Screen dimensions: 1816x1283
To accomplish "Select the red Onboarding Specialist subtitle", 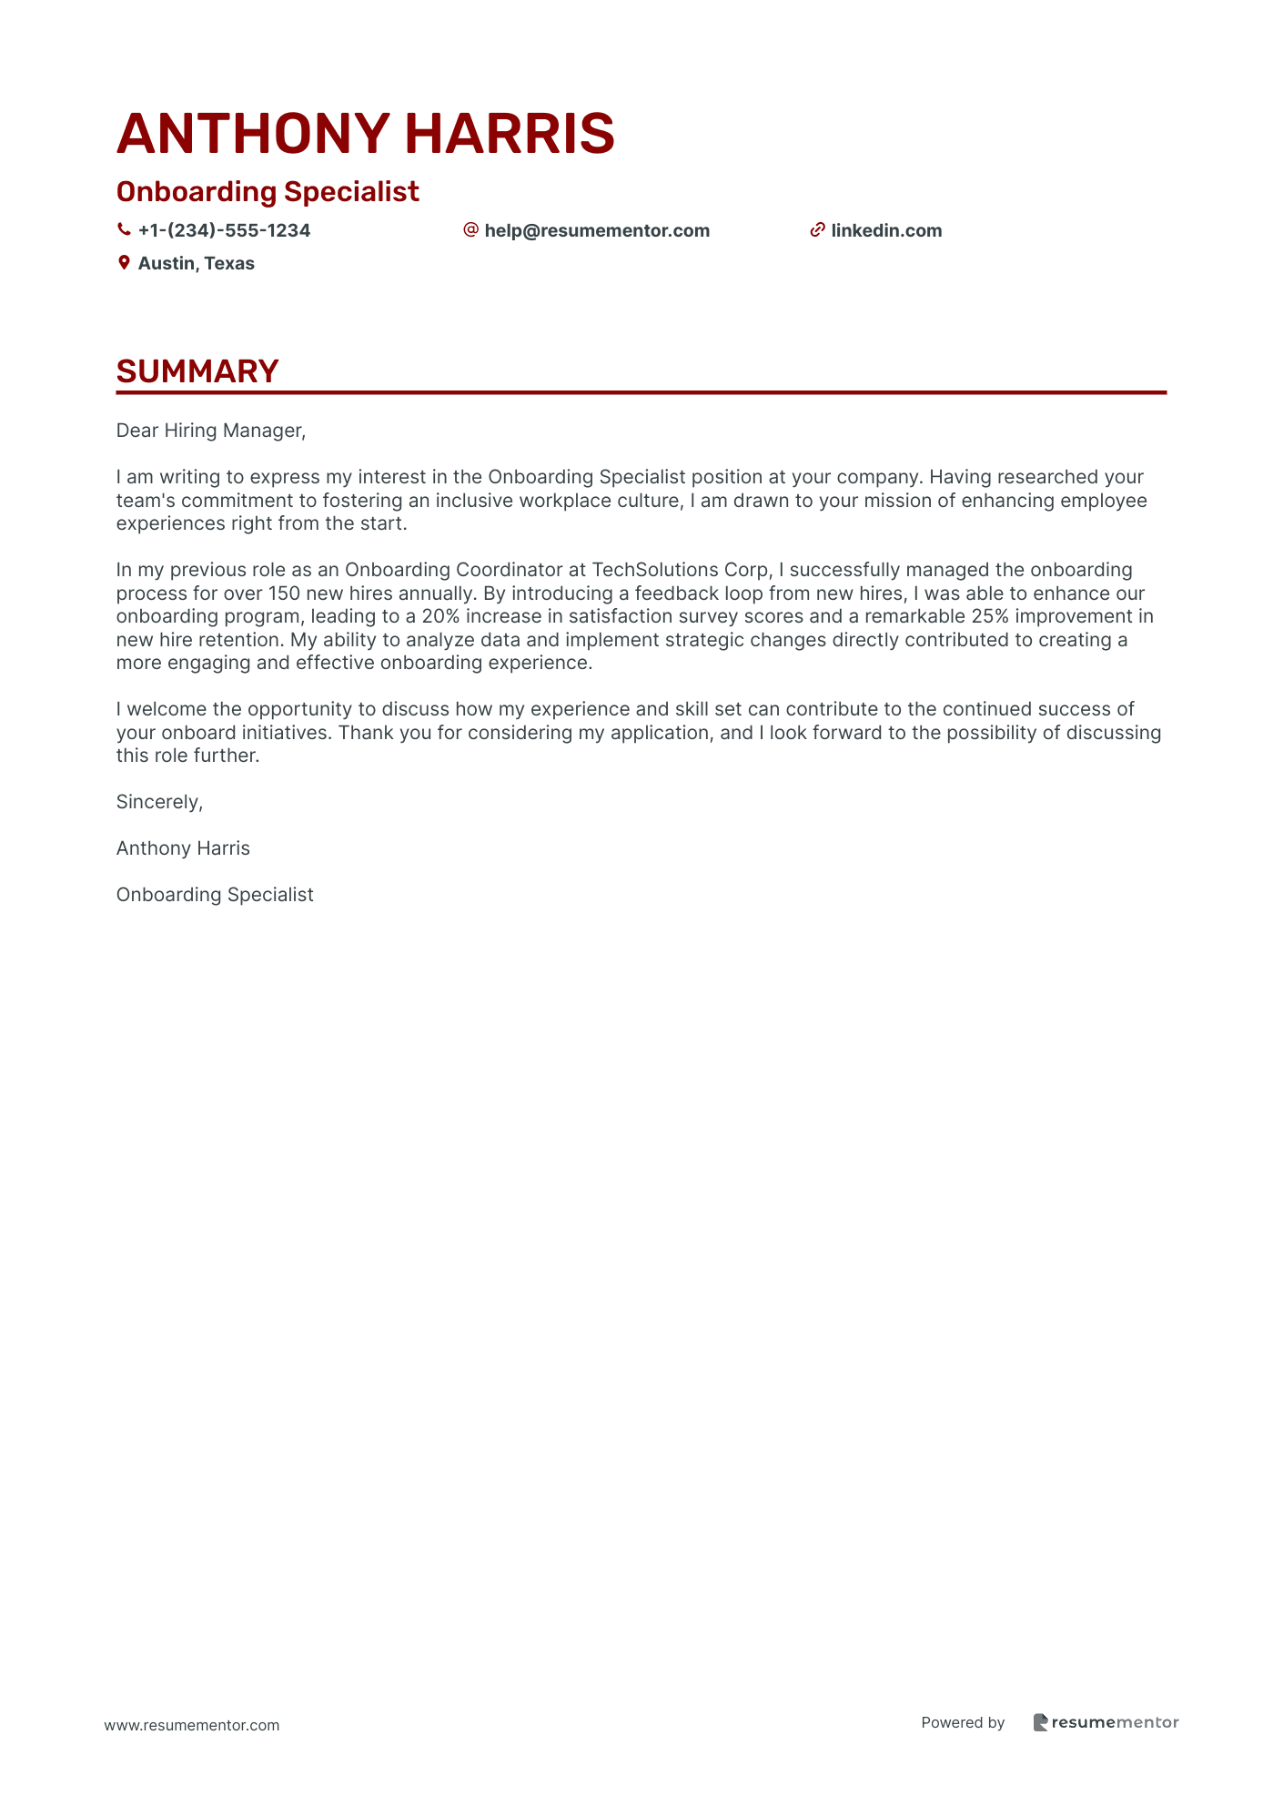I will coord(268,192).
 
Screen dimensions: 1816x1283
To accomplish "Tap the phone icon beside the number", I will coord(124,230).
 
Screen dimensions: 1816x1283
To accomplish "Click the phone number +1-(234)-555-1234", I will coord(224,230).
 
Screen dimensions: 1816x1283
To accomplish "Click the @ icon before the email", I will coord(470,230).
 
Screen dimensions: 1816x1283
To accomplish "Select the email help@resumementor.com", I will coord(597,230).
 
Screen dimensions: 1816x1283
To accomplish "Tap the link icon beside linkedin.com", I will coord(817,230).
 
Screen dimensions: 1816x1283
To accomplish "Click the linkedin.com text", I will coord(886,230).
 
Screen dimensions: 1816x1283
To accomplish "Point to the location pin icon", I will coord(124,263).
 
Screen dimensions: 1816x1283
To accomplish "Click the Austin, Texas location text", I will coord(196,263).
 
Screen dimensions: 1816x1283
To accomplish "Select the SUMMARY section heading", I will coord(197,371).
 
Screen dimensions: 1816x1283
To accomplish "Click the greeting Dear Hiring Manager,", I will coord(211,431).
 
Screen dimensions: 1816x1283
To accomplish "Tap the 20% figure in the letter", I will coord(440,616).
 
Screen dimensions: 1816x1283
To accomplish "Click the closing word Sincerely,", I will coord(159,802).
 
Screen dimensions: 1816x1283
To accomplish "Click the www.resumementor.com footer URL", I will coord(192,1725).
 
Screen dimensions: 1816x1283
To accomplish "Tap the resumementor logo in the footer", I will coord(1106,1722).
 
